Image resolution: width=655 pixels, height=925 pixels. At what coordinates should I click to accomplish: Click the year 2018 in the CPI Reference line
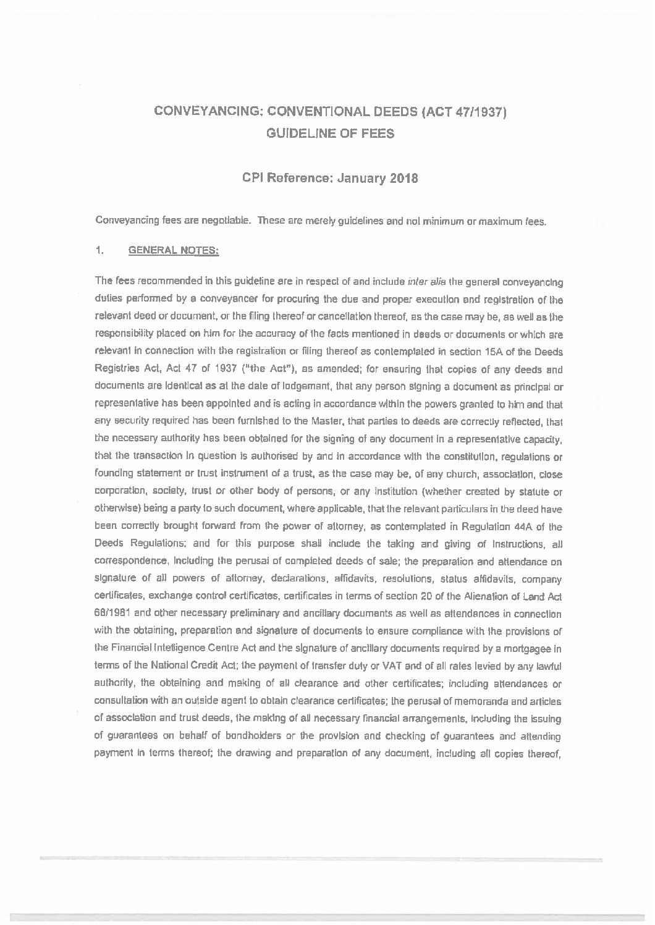404,179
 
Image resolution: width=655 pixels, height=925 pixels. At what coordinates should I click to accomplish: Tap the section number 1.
99,251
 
